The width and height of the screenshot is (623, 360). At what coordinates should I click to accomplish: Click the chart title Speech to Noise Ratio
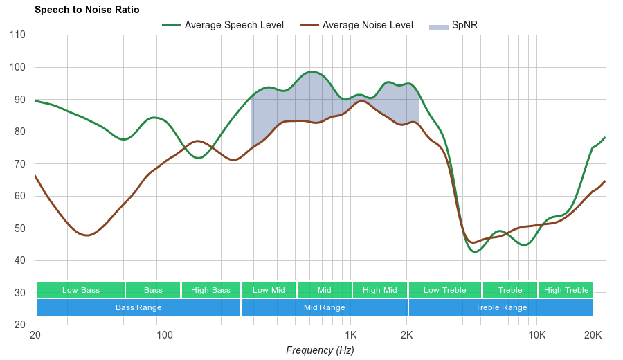point(87,10)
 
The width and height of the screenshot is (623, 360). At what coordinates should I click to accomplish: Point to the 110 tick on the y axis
point(18,35)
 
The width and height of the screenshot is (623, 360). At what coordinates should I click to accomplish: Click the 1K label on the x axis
point(350,335)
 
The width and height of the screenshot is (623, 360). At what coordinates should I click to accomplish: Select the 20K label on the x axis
point(593,335)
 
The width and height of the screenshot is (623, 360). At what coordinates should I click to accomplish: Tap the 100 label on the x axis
point(165,335)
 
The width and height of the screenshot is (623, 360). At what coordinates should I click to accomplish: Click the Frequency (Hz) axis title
point(320,350)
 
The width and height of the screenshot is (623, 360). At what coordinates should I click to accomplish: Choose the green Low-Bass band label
point(80,290)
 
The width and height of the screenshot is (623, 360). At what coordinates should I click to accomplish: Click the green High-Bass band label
point(210,290)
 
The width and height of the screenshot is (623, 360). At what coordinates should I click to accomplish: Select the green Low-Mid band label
point(269,290)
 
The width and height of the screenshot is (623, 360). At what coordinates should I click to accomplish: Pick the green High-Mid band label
point(380,290)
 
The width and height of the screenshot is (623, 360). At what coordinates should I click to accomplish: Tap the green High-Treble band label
point(566,290)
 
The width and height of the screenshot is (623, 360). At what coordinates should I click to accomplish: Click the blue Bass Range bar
point(138,307)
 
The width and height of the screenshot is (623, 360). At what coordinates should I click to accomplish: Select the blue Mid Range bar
point(324,307)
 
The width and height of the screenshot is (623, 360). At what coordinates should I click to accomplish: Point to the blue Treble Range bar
point(501,307)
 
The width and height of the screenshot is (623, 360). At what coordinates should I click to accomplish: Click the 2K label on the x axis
point(407,335)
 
